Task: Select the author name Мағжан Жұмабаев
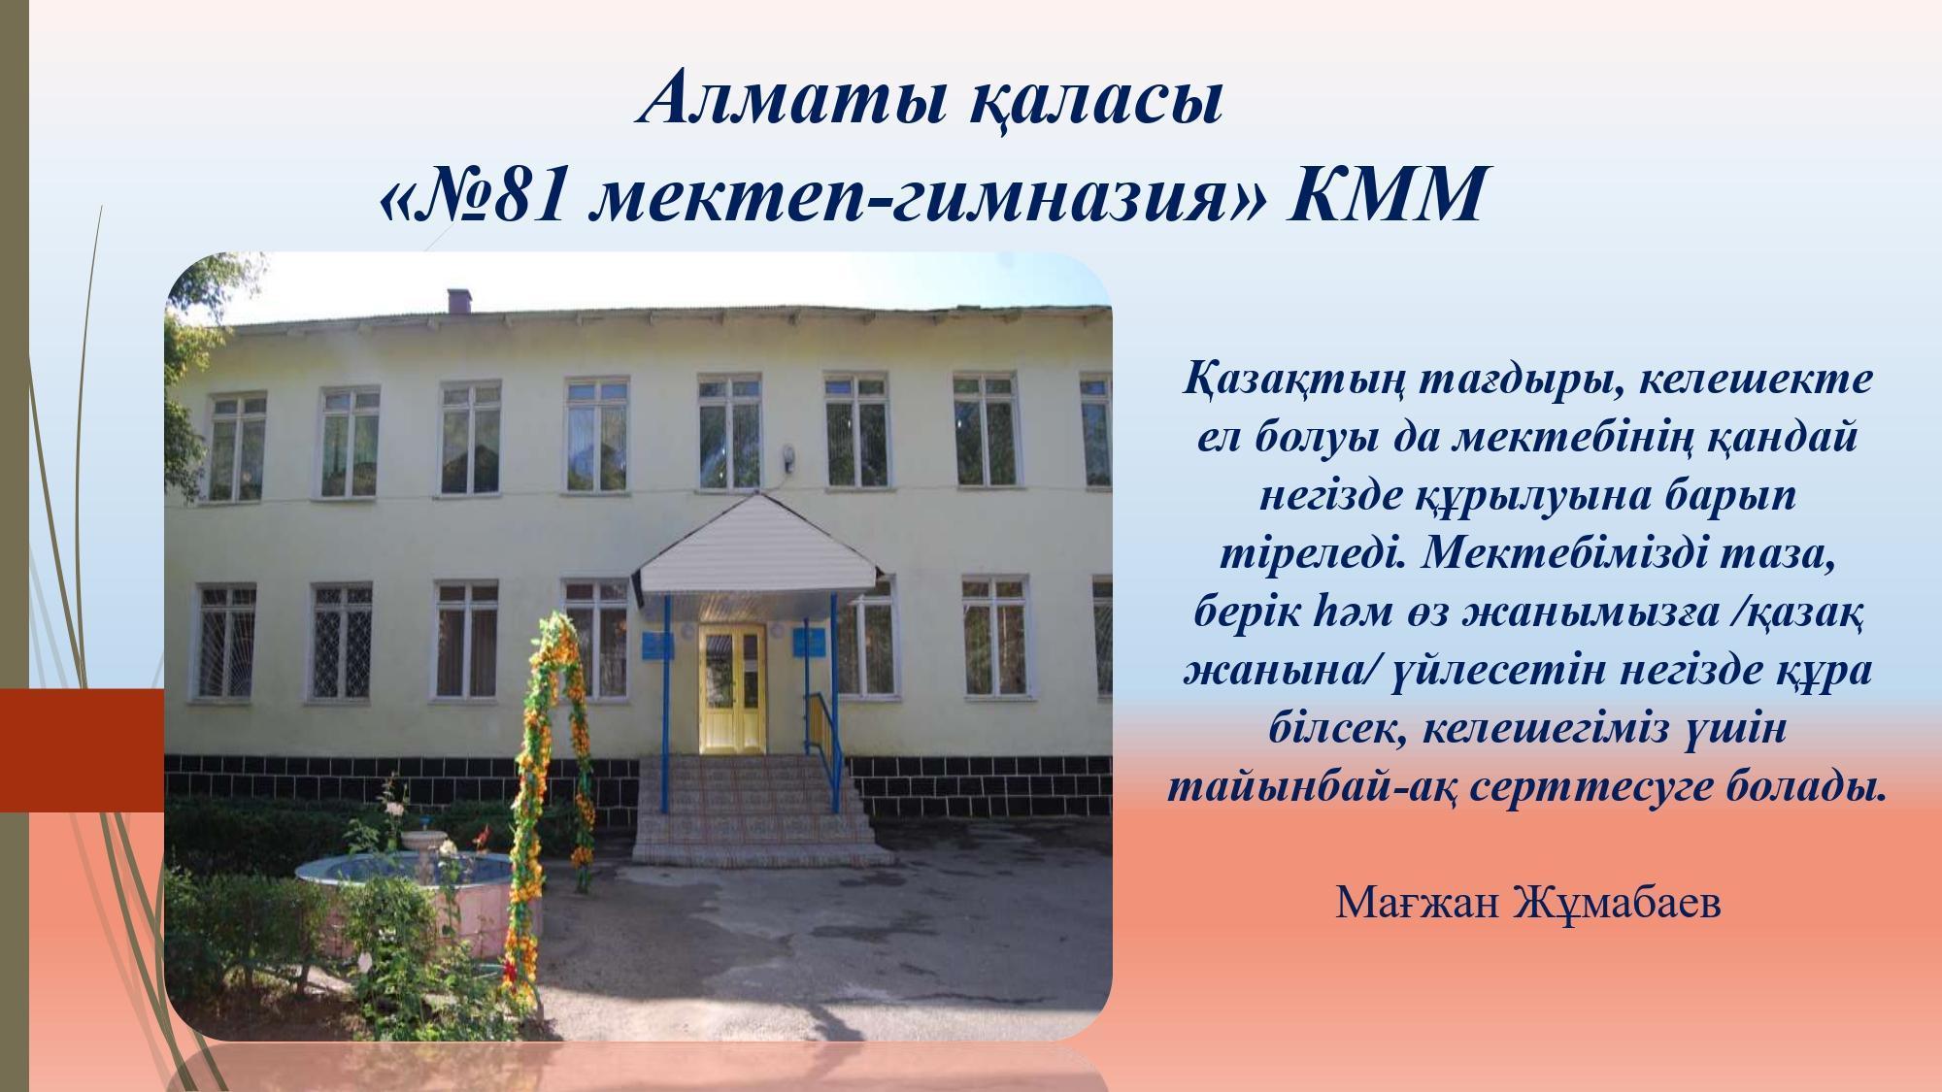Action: coord(1528,903)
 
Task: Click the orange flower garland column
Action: coord(553,777)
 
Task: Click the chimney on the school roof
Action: coord(459,300)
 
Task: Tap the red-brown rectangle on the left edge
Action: coord(82,750)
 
